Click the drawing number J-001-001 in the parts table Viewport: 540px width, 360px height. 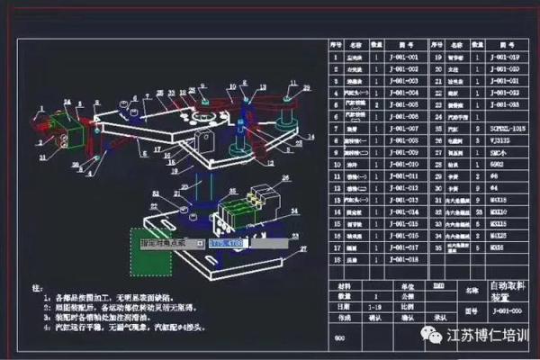pyautogui.click(x=402, y=57)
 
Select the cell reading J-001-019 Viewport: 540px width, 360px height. pyautogui.click(x=504, y=57)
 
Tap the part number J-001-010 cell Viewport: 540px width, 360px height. pyautogui.click(x=402, y=164)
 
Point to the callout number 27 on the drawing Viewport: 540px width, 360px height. pyautogui.click(x=302, y=248)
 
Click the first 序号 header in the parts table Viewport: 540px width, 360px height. pyautogui.click(x=335, y=43)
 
